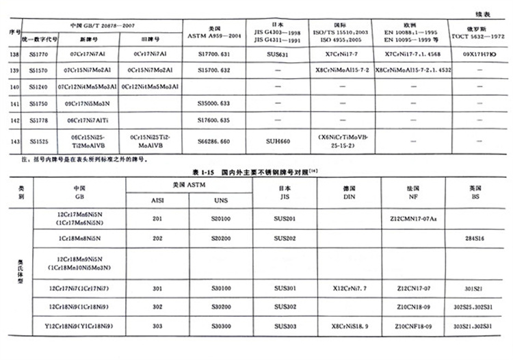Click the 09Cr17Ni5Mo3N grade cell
(89, 103)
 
